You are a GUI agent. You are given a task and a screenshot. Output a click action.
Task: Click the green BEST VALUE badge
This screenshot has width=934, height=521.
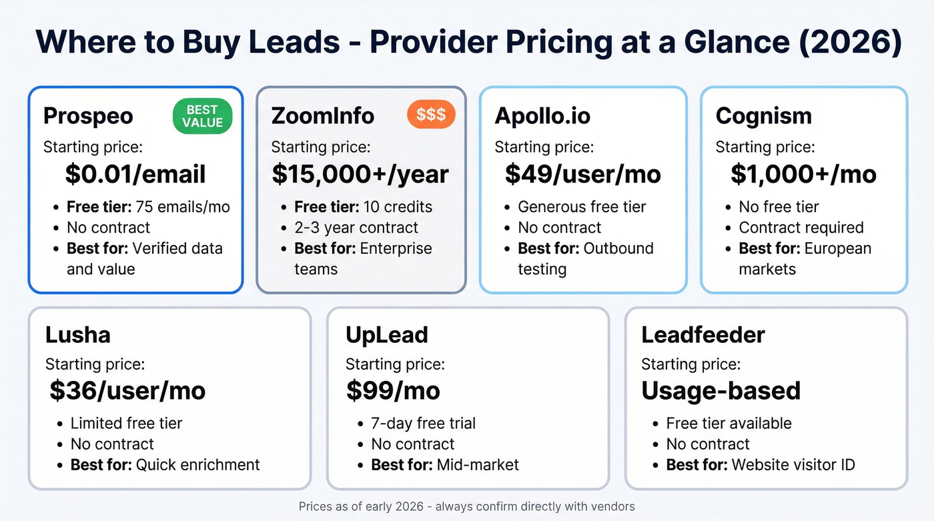pyautogui.click(x=202, y=116)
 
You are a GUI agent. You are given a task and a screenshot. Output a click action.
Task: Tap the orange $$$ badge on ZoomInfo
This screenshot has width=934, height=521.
pyautogui.click(x=431, y=115)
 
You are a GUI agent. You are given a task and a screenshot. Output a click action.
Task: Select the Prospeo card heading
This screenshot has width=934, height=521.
pyautogui.click(x=88, y=115)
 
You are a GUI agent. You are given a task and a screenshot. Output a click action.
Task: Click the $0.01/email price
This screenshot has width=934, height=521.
pyautogui.click(x=135, y=174)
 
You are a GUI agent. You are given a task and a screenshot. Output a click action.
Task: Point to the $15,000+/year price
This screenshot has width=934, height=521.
pyautogui.click(x=360, y=174)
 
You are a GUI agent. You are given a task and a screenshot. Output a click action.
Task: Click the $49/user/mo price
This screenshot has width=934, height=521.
pyautogui.click(x=582, y=174)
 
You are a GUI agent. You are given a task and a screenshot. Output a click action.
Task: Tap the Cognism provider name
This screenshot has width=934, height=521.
pyautogui.click(x=763, y=115)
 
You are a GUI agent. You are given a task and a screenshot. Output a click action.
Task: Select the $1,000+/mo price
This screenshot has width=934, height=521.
pyautogui.click(x=803, y=174)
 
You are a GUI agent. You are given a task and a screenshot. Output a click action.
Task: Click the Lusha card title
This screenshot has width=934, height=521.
pyautogui.click(x=77, y=334)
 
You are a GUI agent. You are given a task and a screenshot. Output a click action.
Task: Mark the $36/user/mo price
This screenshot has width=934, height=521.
pyautogui.click(x=127, y=390)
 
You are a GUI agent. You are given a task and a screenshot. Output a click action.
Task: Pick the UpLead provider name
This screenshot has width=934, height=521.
pyautogui.click(x=386, y=334)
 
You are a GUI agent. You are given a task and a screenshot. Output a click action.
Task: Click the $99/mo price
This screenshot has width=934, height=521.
pyautogui.click(x=393, y=390)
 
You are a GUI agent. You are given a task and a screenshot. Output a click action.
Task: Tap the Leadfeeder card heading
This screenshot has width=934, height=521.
pyautogui.click(x=703, y=334)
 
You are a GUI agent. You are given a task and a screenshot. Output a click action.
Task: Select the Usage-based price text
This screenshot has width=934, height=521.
pyautogui.click(x=721, y=390)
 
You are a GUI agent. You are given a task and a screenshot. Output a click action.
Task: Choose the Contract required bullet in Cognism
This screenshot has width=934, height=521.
pyautogui.click(x=801, y=227)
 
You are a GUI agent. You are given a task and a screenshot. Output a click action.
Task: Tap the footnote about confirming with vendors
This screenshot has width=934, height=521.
pyautogui.click(x=467, y=506)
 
